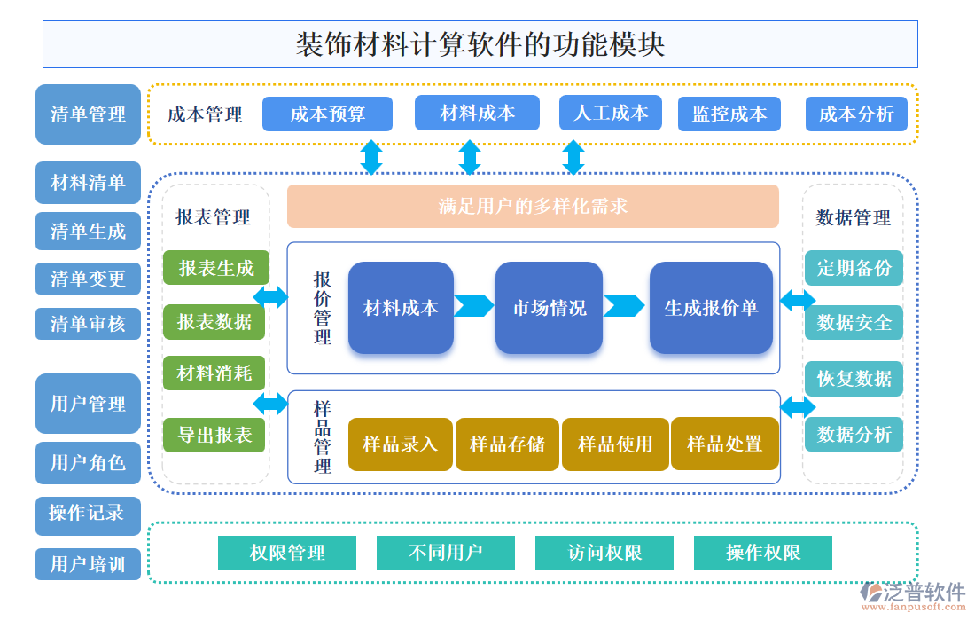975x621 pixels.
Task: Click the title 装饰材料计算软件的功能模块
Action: [x=480, y=44]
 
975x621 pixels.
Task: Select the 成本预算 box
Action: [x=327, y=114]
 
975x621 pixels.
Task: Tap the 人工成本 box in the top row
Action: [x=611, y=113]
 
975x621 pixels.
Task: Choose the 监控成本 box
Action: [x=729, y=114]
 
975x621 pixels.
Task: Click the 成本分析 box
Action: [x=855, y=114]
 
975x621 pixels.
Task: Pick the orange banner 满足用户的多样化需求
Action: [x=533, y=207]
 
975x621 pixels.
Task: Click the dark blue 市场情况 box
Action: [x=549, y=308]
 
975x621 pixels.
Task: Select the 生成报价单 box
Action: [x=711, y=308]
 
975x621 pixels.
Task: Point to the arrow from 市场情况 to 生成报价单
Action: [x=624, y=305]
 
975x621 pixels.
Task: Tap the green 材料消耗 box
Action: [x=215, y=373]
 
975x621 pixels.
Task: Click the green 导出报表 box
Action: [x=215, y=435]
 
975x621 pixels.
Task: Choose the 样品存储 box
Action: [x=507, y=444]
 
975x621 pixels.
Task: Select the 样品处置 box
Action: [x=724, y=444]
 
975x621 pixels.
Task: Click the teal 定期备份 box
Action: [x=854, y=268]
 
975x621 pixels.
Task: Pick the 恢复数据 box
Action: [x=854, y=379]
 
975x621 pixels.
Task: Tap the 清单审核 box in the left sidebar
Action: [x=88, y=324]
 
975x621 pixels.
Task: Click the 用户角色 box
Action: [x=88, y=463]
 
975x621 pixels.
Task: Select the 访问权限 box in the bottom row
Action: [x=604, y=553]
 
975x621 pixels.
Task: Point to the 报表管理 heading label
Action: [x=213, y=217]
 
